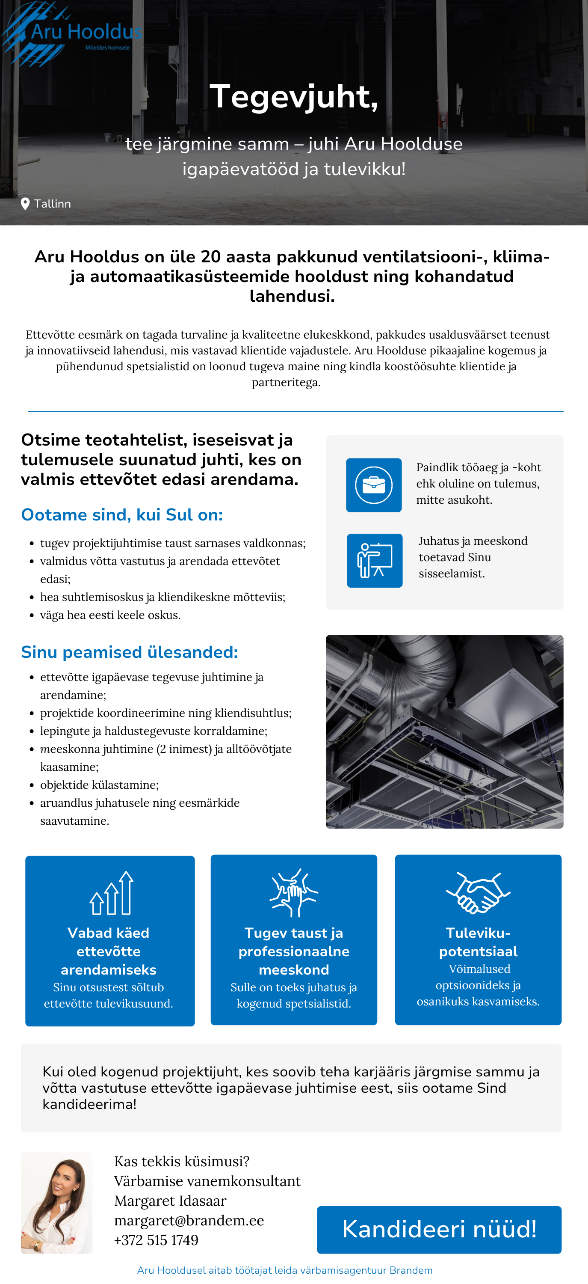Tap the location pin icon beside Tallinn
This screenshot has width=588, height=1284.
[x=25, y=204]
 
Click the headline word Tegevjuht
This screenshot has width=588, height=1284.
[x=293, y=96]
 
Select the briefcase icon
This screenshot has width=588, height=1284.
[x=373, y=485]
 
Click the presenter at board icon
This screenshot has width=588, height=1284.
[x=375, y=560]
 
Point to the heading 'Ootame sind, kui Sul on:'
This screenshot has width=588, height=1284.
[x=122, y=514]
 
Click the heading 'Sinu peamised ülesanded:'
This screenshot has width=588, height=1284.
[x=130, y=652]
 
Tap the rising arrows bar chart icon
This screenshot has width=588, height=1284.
[x=112, y=893]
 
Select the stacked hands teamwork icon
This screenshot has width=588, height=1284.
[x=294, y=893]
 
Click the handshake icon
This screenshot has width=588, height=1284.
[x=478, y=893]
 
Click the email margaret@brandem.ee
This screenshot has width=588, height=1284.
[x=189, y=1220]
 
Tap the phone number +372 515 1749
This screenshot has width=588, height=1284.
[x=157, y=1239]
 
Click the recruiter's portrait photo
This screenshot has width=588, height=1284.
[x=57, y=1202]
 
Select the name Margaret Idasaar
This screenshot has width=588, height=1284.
[x=170, y=1200]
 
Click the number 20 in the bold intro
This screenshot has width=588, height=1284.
[x=210, y=257]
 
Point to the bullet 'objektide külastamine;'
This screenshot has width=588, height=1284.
[x=100, y=785]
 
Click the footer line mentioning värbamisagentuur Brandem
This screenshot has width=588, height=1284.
[x=285, y=1270]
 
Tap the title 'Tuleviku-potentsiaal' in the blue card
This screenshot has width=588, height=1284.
[x=478, y=942]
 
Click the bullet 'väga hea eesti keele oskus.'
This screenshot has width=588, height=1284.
[x=110, y=615]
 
